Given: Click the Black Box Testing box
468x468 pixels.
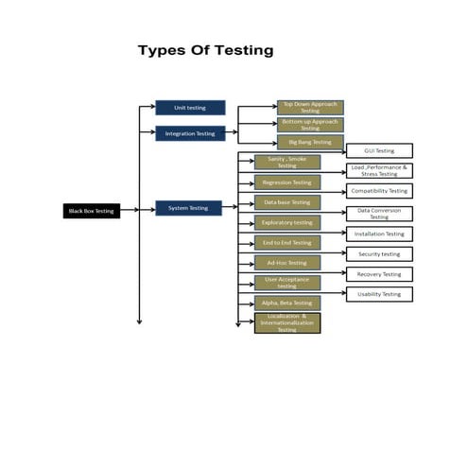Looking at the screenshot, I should (91, 211).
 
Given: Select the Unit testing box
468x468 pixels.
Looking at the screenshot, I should (190, 108).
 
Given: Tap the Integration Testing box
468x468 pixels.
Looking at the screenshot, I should (190, 133).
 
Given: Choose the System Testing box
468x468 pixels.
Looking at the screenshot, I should (188, 208).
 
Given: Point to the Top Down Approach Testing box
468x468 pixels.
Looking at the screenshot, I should (310, 108).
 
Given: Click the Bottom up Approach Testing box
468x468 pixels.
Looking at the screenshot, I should (310, 125).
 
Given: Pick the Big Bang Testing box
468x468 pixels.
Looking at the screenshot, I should (310, 142).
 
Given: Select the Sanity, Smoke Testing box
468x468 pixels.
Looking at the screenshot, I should (286, 162).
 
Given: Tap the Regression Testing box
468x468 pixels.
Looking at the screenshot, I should (286, 182).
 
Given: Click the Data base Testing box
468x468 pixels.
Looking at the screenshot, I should (286, 202).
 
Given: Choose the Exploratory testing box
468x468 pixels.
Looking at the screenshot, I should (286, 222).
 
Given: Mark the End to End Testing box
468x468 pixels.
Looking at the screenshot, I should (286, 243).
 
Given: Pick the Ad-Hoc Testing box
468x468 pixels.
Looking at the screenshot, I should (286, 263).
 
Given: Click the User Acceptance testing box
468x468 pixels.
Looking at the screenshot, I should (286, 283).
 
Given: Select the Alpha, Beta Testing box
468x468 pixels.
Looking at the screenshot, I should (286, 303).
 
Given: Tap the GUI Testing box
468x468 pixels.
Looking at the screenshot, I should (378, 150).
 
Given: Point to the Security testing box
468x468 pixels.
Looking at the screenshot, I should (378, 253).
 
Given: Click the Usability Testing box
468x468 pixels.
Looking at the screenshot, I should (378, 294).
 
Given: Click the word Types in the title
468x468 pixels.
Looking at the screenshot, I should (163, 50).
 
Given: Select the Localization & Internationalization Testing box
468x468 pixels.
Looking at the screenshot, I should (286, 323).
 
